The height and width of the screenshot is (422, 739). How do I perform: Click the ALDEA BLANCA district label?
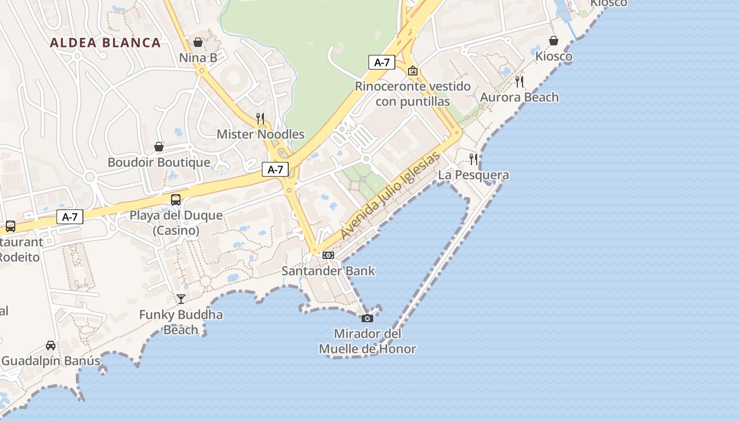[x=105, y=43]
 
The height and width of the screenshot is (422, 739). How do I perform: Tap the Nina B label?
[x=198, y=57]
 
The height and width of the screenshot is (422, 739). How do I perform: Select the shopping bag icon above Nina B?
[x=198, y=42]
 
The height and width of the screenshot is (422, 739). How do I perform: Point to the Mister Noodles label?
[x=260, y=134]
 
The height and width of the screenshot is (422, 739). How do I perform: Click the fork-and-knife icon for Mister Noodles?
[x=260, y=118]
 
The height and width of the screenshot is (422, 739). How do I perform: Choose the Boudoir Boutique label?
[x=159, y=162]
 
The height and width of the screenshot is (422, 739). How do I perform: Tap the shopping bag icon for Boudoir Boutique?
[x=159, y=146]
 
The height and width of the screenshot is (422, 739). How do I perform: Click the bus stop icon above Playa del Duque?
[x=176, y=200]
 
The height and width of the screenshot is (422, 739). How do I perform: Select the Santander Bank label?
[x=328, y=271]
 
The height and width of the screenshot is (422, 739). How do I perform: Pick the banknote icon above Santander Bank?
[x=328, y=255]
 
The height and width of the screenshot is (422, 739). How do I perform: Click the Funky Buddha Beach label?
[x=181, y=322]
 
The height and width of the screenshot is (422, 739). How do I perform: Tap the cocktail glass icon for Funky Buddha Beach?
[x=181, y=299]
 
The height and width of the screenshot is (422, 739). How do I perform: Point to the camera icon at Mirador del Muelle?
[x=367, y=318]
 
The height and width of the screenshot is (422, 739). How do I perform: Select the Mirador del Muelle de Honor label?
[x=367, y=341]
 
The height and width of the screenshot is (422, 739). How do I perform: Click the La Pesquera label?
[x=473, y=175]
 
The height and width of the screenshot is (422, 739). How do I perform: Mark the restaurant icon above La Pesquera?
[x=473, y=159]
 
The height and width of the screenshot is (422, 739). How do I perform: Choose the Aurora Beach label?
[x=519, y=97]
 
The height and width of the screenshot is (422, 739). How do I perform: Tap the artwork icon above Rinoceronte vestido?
[x=413, y=70]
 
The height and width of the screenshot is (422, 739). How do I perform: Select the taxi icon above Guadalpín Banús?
[x=51, y=346]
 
